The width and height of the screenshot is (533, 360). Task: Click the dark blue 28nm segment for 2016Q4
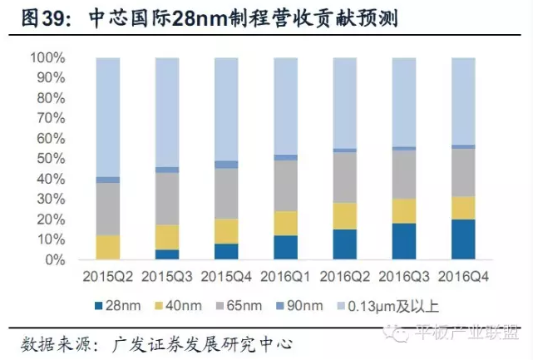click(x=463, y=239)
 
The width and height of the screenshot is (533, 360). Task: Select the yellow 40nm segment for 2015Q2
click(x=108, y=247)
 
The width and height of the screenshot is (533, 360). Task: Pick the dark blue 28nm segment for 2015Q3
click(x=167, y=254)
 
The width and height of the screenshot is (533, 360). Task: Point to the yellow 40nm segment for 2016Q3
click(x=404, y=211)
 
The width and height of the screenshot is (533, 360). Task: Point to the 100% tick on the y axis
click(x=47, y=58)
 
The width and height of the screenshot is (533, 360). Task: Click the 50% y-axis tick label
click(x=51, y=159)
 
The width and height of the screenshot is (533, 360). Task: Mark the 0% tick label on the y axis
click(x=54, y=260)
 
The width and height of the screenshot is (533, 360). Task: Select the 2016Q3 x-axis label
click(x=404, y=275)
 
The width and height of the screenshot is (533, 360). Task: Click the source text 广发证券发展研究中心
click(x=200, y=342)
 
